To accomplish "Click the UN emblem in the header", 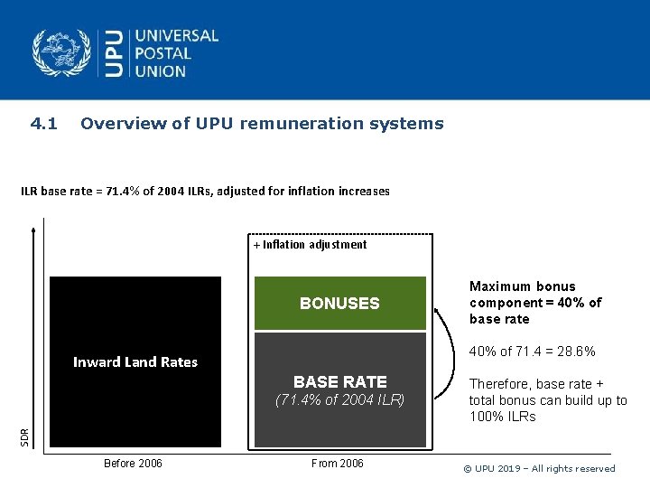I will (x=61, y=52).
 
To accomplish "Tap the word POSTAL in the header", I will (x=162, y=53).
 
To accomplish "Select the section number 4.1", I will (x=43, y=124).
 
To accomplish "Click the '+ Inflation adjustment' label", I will (x=310, y=244).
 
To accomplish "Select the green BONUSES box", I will (x=339, y=303).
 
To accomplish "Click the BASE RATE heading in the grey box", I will (x=339, y=381).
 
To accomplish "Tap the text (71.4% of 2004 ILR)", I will (x=339, y=399).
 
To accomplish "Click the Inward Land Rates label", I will (x=135, y=362).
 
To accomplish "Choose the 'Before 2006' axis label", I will (x=133, y=464).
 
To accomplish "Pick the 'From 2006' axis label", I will (x=337, y=464).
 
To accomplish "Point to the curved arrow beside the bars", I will (x=446, y=352).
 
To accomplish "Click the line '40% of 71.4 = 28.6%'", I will (x=532, y=352).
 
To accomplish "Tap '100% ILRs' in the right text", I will (x=502, y=417).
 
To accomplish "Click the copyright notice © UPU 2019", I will (x=538, y=468).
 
